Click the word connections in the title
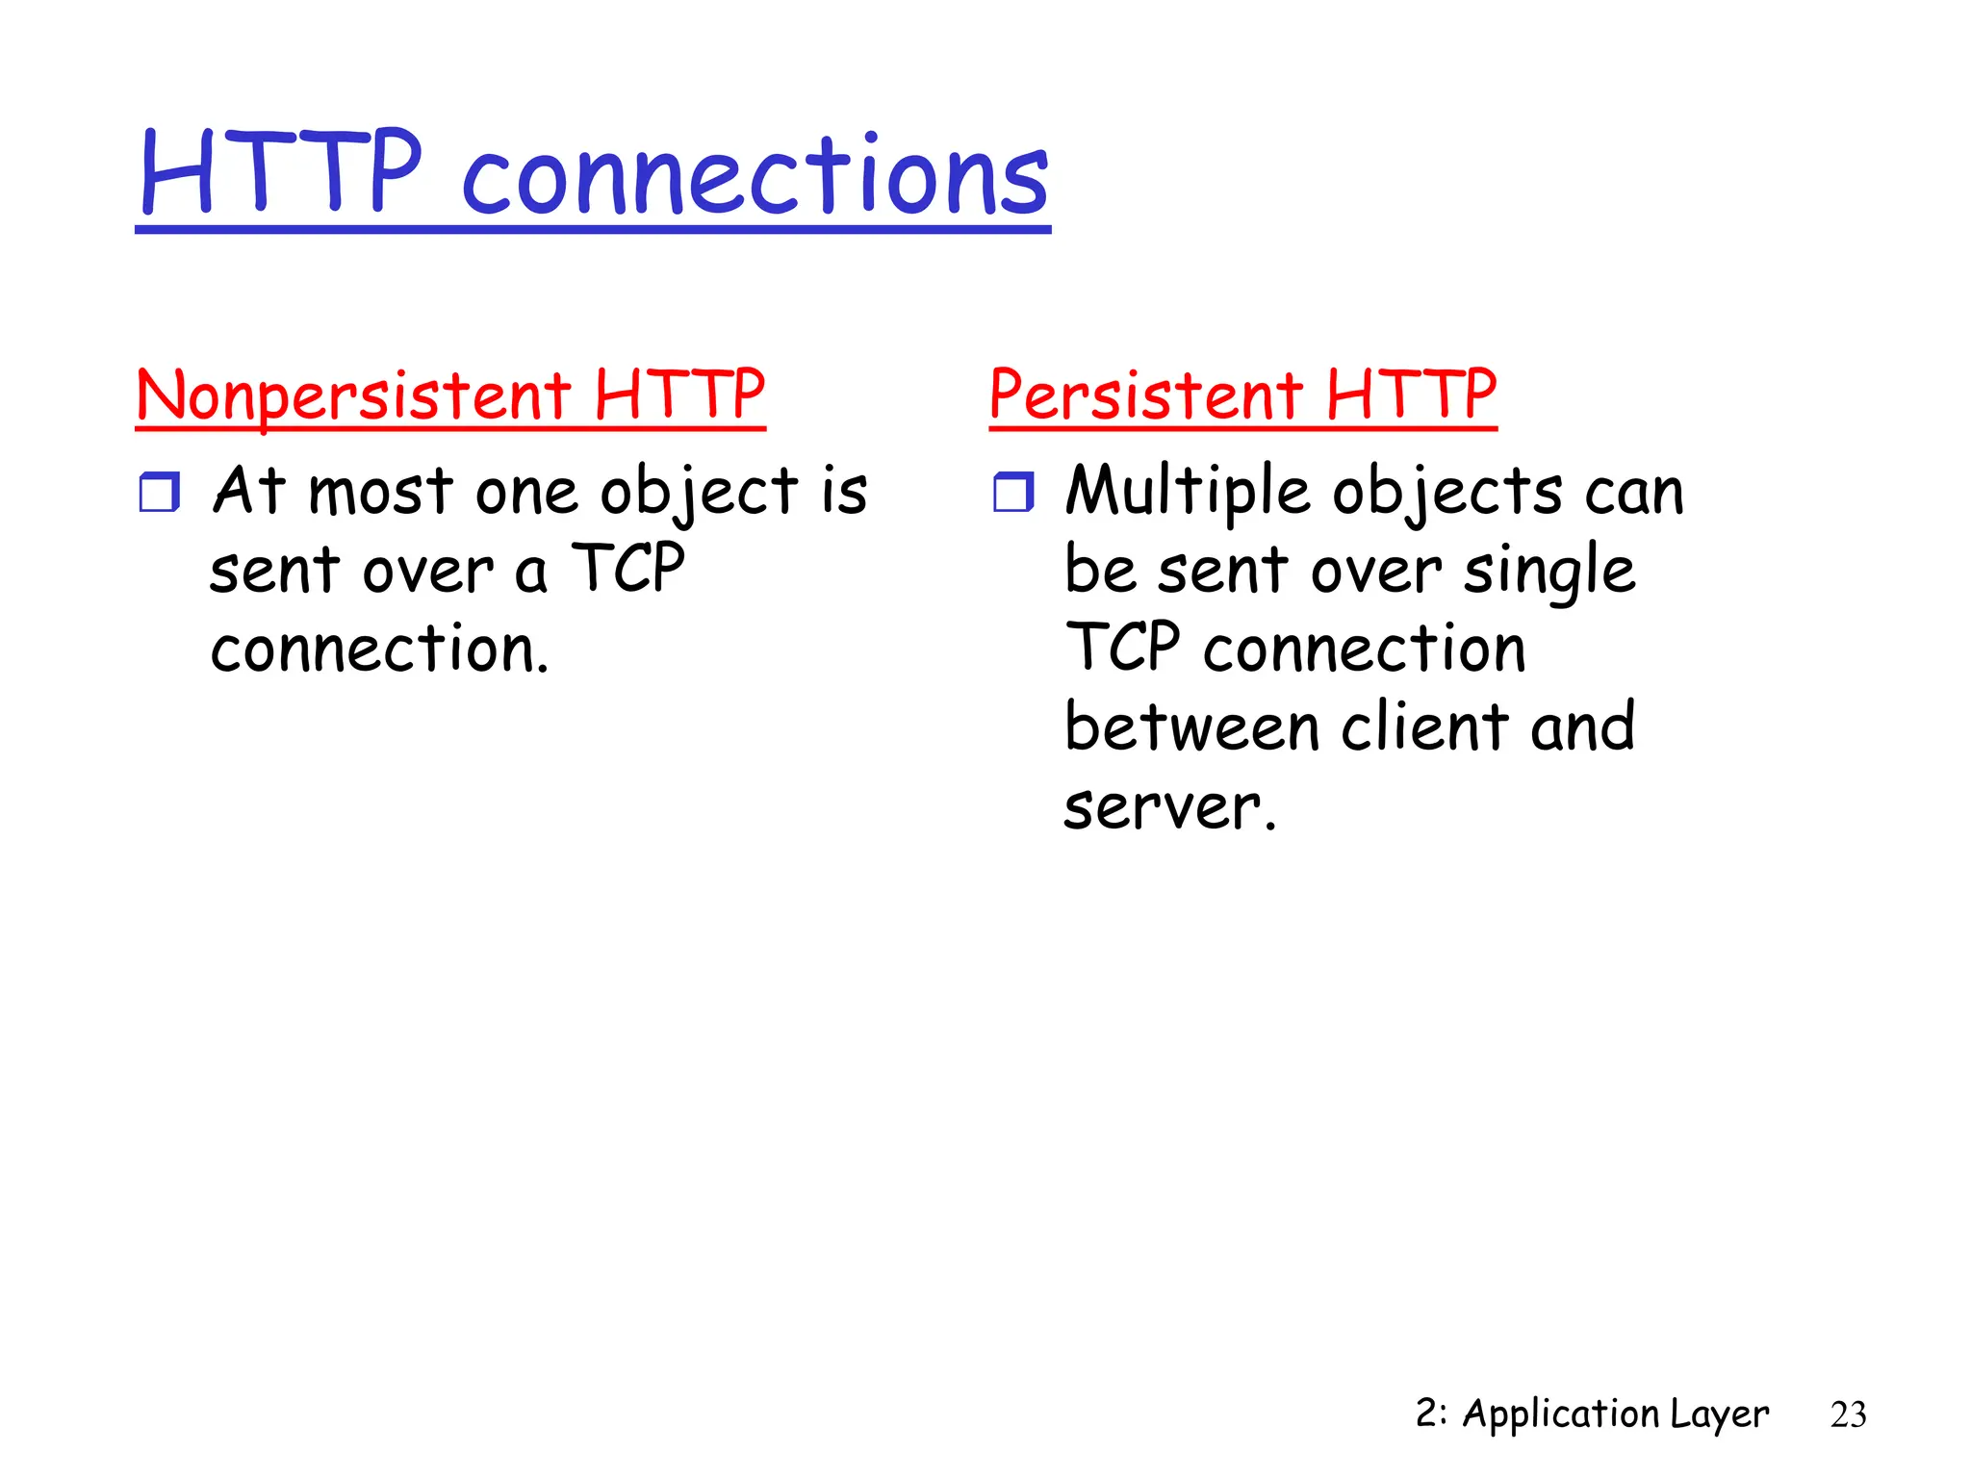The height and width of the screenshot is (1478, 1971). tap(755, 176)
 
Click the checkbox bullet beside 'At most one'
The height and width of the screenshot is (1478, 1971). tap(159, 492)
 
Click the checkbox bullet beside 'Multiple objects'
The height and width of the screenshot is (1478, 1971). tap(1012, 492)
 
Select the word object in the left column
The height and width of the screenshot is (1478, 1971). tap(699, 492)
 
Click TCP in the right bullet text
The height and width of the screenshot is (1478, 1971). tap(1122, 648)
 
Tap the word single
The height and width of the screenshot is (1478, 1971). tap(1549, 571)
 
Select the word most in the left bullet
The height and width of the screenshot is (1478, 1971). tap(380, 492)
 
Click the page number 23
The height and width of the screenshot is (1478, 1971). tap(1848, 1414)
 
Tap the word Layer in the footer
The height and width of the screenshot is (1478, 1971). tap(1720, 1414)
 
